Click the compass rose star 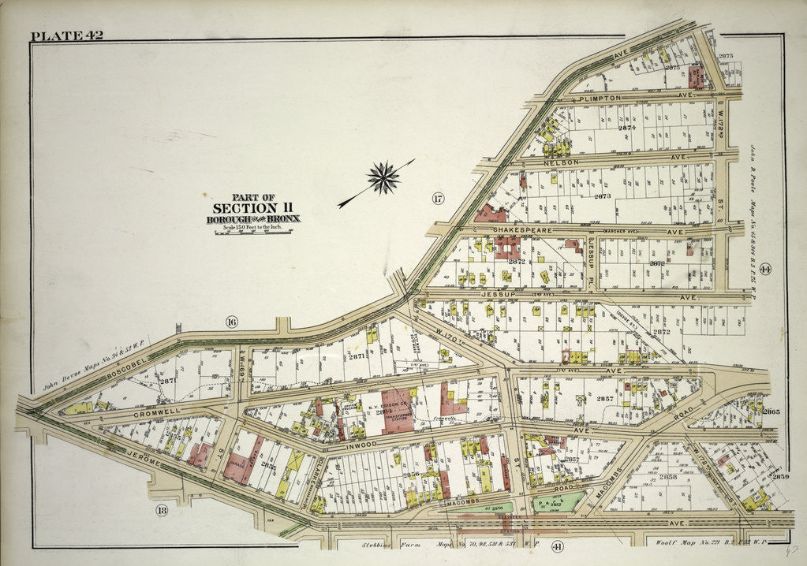pyautogui.click(x=384, y=177)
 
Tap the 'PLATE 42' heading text pyautogui.click(x=67, y=35)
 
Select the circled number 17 pyautogui.click(x=438, y=198)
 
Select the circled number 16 pyautogui.click(x=231, y=321)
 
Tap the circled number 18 pyautogui.click(x=163, y=510)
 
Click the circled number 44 pyautogui.click(x=765, y=270)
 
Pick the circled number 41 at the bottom pyautogui.click(x=558, y=546)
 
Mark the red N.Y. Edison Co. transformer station pyautogui.click(x=398, y=410)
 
